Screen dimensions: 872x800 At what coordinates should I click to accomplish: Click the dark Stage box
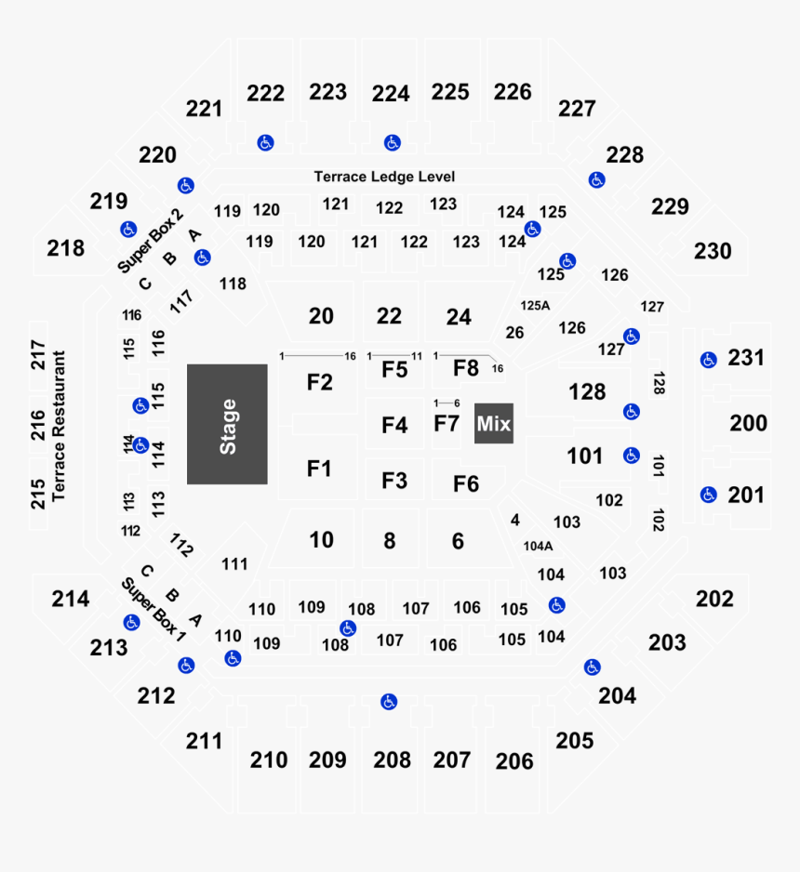[x=227, y=424]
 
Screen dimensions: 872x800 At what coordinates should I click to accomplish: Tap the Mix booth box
[x=493, y=424]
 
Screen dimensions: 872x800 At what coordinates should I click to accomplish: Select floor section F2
[x=320, y=382]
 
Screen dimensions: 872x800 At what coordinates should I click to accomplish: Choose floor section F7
[x=447, y=424]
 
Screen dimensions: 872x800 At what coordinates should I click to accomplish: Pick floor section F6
[x=465, y=483]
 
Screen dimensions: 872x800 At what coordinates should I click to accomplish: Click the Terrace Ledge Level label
[x=384, y=177]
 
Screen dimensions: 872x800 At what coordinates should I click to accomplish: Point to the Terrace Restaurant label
[x=60, y=426]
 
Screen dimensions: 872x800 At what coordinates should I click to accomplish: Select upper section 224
[x=391, y=94]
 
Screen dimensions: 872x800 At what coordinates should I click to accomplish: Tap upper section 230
[x=713, y=251]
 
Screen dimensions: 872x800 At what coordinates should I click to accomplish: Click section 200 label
[x=748, y=424]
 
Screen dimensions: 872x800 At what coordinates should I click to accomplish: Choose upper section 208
[x=392, y=760]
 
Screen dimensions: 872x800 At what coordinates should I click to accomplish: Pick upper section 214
[x=71, y=599]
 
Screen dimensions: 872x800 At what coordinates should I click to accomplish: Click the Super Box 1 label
[x=153, y=609]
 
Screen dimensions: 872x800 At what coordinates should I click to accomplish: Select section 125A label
[x=535, y=305]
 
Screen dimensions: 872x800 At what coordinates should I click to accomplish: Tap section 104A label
[x=538, y=547]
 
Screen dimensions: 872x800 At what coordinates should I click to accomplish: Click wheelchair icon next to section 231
[x=709, y=359]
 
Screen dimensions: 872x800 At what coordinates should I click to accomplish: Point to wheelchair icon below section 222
[x=265, y=142]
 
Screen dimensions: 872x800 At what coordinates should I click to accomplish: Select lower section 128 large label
[x=587, y=391]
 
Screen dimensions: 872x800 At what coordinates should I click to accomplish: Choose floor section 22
[x=389, y=316]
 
